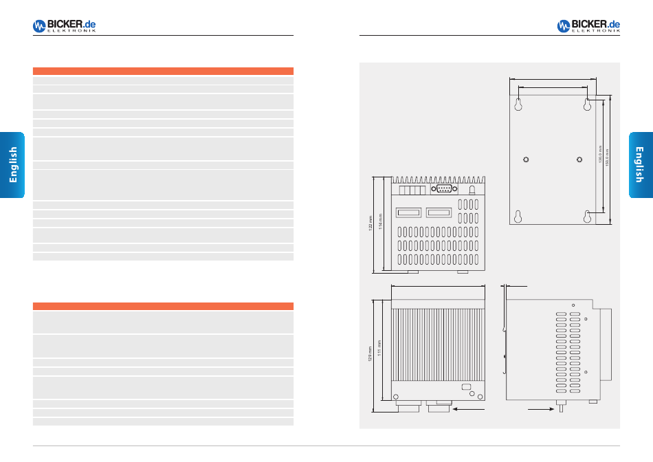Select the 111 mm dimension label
pos(379,348)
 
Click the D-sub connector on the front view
pos(443,188)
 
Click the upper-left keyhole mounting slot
pos(519,104)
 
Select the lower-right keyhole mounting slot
pos(588,217)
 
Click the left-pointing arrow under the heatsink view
pos(467,408)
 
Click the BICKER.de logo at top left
pos(64,26)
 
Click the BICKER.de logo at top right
pos(588,26)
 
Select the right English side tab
pos(640,165)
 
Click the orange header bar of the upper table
pos(163,71)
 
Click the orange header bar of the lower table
pos(163,306)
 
